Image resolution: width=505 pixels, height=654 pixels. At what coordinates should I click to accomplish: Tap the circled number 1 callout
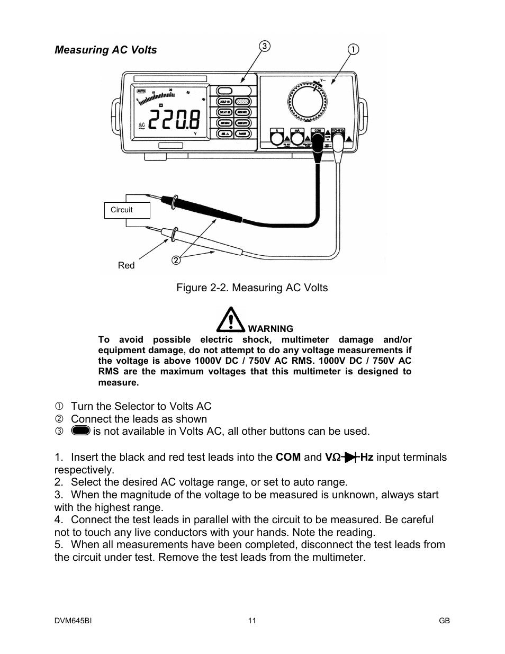pyautogui.click(x=353, y=49)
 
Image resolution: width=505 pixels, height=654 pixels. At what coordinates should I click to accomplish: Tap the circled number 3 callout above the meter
pyautogui.click(x=265, y=46)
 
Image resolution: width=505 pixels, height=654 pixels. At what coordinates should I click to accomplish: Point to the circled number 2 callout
pyautogui.click(x=176, y=259)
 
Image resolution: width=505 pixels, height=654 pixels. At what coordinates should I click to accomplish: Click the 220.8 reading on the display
pyautogui.click(x=175, y=121)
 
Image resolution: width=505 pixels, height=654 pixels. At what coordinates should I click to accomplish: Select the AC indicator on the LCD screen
pyautogui.click(x=141, y=126)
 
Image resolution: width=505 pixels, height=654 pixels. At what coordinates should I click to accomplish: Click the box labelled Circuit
pyautogui.click(x=127, y=210)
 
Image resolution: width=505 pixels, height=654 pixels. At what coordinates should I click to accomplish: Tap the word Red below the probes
pyautogui.click(x=126, y=265)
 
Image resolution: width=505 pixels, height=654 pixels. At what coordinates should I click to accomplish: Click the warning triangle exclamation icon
pyautogui.click(x=230, y=320)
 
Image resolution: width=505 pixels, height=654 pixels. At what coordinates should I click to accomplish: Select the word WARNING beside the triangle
pyautogui.click(x=270, y=329)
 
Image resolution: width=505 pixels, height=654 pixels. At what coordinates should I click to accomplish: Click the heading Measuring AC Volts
pyautogui.click(x=106, y=50)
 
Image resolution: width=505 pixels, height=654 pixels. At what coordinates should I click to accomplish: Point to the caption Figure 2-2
pyautogui.click(x=252, y=288)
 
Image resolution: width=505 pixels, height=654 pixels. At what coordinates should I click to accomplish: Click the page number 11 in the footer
pyautogui.click(x=252, y=621)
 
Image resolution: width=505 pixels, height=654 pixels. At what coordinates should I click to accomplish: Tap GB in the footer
pyautogui.click(x=444, y=621)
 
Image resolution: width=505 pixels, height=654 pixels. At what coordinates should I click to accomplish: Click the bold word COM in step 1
pyautogui.click(x=288, y=457)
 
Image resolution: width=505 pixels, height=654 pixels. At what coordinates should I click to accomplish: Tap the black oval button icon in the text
pyautogui.click(x=80, y=431)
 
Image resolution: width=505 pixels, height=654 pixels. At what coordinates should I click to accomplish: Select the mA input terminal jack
pyautogui.click(x=297, y=139)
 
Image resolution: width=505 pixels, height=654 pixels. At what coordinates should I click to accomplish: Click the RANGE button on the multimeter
pyautogui.click(x=242, y=134)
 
